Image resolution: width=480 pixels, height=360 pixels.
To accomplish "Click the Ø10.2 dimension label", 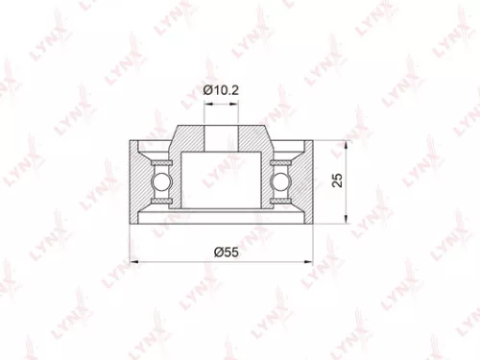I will (222, 91).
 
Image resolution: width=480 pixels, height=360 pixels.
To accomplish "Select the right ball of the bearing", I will (281, 180).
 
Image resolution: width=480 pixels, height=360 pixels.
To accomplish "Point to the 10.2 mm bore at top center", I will (222, 133).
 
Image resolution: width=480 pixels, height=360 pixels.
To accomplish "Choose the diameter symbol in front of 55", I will (216, 251).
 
